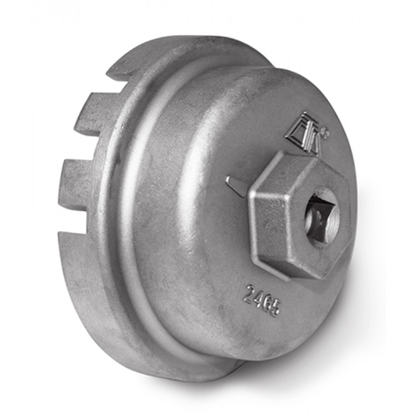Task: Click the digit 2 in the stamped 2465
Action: point(248,293)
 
